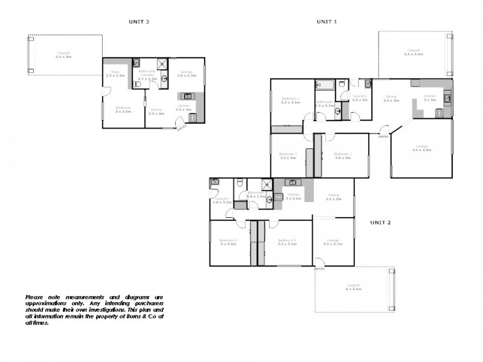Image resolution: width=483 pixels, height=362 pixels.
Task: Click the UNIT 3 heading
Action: point(139,21)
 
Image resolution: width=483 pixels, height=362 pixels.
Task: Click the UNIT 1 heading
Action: point(327,21)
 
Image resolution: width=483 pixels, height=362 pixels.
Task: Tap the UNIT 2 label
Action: point(380,222)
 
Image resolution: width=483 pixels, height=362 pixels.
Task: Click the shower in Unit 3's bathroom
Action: point(162,65)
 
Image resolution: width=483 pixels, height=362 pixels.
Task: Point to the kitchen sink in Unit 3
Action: point(187,95)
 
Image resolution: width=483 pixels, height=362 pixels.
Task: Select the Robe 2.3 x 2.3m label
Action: point(115,74)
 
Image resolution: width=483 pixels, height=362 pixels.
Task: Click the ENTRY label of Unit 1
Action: point(383,137)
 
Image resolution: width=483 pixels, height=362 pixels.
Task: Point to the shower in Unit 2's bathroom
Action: point(266,185)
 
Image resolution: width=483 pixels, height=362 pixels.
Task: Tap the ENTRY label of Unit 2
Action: point(319,269)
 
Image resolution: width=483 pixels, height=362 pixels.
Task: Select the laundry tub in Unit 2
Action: point(214,182)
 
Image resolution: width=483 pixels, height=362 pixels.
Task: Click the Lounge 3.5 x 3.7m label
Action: point(333,243)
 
